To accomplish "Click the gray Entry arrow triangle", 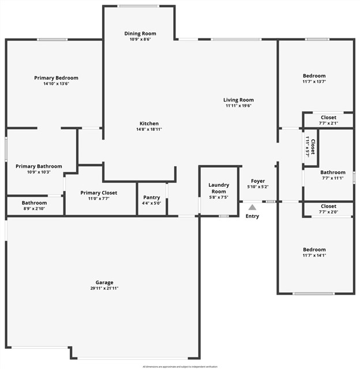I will [x=252, y=207].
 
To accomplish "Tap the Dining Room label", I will [x=140, y=33].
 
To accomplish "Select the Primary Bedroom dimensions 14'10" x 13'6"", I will [x=56, y=84].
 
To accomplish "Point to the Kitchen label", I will [x=149, y=123].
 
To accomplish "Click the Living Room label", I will [x=239, y=100].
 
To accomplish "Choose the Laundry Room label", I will [x=219, y=188].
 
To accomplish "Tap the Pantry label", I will [x=152, y=197].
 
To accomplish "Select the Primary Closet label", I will [x=99, y=193].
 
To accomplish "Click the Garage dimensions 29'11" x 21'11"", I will [x=104, y=288].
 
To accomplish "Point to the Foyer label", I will [x=257, y=180].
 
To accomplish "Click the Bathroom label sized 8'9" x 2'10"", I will [x=35, y=203].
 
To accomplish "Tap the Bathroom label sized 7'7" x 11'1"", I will [x=333, y=172].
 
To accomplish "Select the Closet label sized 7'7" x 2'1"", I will [x=328, y=117].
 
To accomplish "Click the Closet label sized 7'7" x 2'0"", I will [x=328, y=206].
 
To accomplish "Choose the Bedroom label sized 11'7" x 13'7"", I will [x=314, y=76].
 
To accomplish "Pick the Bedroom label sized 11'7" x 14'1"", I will [x=314, y=250].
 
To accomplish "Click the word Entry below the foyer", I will [x=252, y=216].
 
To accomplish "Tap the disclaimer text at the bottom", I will [x=180, y=366].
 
